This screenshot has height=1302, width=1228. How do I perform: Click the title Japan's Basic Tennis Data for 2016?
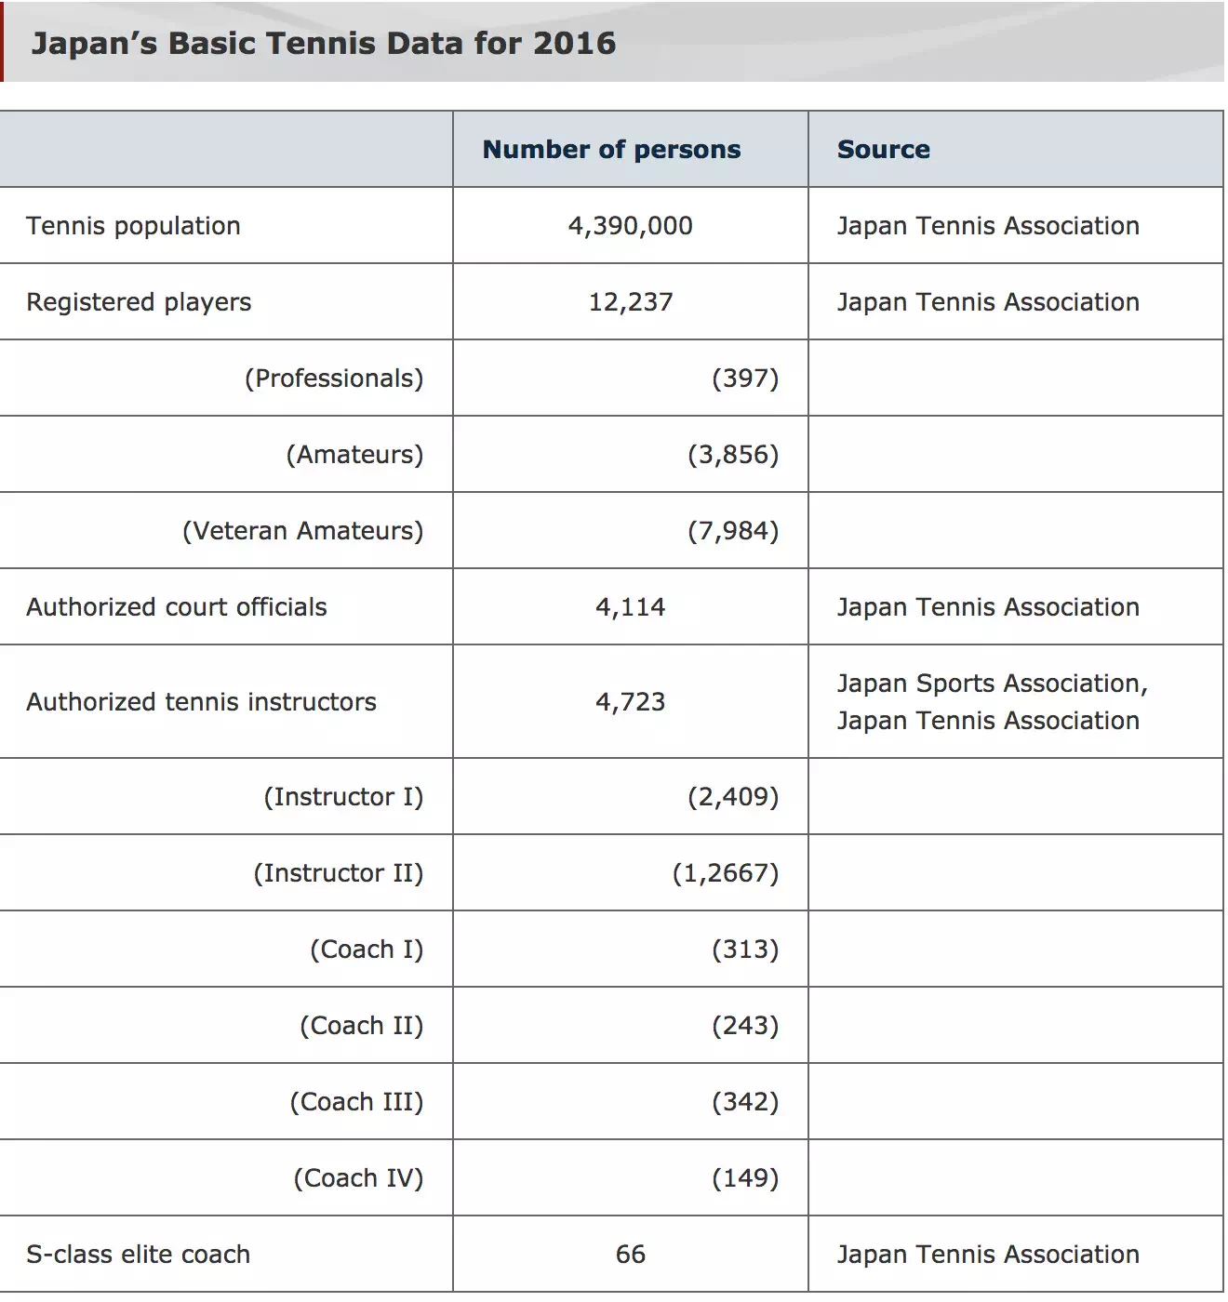click(x=323, y=44)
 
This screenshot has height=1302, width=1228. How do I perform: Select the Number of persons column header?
click(x=611, y=150)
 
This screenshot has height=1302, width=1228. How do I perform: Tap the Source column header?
click(x=883, y=150)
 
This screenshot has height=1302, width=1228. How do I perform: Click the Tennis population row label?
click(x=133, y=226)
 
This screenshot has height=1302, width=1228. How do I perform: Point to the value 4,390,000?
click(x=630, y=226)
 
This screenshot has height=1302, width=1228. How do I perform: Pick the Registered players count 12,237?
click(x=630, y=302)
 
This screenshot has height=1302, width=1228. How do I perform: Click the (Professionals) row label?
click(x=334, y=379)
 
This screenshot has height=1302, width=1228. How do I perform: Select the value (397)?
click(x=745, y=379)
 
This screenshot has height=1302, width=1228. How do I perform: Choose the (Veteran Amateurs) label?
click(x=302, y=531)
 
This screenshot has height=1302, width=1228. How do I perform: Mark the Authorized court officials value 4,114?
click(x=630, y=607)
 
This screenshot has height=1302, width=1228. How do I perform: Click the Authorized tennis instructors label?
click(x=201, y=702)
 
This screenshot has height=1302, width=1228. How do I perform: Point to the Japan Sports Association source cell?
click(x=992, y=702)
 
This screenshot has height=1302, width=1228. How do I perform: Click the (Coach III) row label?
click(x=356, y=1102)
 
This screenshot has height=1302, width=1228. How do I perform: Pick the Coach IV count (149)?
click(x=745, y=1178)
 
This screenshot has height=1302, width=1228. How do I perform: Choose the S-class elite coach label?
click(x=138, y=1255)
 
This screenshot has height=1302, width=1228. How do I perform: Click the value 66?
click(x=630, y=1255)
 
